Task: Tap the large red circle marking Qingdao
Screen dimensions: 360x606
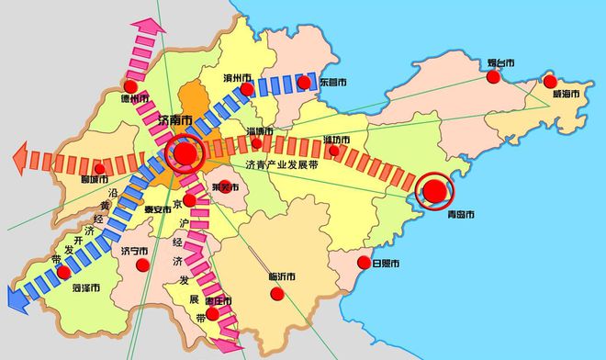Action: click(x=434, y=192)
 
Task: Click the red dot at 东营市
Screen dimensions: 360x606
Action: click(x=304, y=83)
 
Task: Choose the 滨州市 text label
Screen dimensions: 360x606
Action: click(x=239, y=77)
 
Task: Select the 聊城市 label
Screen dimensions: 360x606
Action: click(x=95, y=179)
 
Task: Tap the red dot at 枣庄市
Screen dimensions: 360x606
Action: click(x=212, y=314)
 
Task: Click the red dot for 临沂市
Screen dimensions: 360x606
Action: click(x=276, y=295)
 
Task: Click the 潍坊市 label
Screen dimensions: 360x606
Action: click(x=338, y=140)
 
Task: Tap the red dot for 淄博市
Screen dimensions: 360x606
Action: click(x=256, y=142)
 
